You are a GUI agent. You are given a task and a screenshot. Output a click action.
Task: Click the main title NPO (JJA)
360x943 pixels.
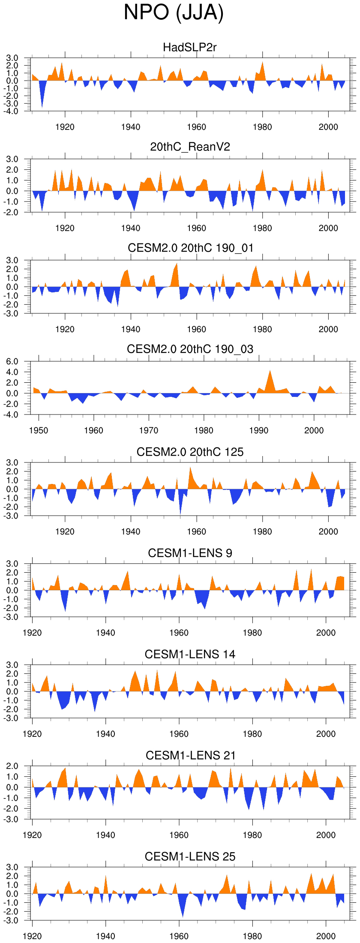click(174, 13)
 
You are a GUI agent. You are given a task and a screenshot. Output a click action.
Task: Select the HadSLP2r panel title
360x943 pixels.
click(190, 47)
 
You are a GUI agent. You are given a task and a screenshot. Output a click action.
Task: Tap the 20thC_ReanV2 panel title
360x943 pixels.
click(190, 147)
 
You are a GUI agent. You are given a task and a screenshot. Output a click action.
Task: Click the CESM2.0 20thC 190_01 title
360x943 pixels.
click(190, 248)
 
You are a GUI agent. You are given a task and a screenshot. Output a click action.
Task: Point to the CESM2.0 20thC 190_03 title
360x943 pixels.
click(190, 349)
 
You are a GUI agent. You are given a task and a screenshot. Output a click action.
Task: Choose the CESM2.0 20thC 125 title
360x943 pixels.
click(190, 452)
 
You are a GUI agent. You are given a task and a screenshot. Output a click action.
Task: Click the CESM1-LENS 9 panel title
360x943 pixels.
click(190, 553)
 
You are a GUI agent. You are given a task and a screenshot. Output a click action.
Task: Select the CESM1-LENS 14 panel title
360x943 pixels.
click(190, 654)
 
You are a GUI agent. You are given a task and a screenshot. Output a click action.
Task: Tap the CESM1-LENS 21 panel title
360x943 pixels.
click(190, 755)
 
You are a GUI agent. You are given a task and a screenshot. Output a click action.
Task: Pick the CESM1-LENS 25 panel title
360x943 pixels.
click(190, 856)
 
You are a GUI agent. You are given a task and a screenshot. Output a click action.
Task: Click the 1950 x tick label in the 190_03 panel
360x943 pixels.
click(39, 430)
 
